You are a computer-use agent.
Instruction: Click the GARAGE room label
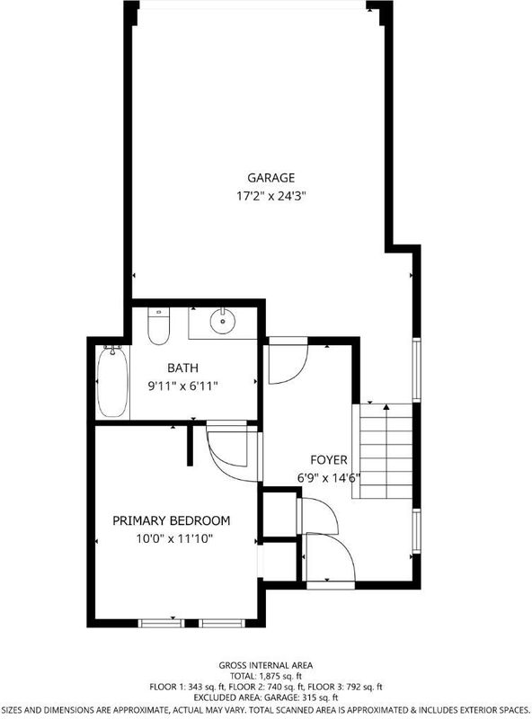271,177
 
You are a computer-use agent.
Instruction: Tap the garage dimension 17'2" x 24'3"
271,196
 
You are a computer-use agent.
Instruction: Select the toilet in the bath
159,326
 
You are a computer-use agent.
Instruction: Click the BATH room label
182,368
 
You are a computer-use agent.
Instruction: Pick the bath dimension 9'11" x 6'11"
182,386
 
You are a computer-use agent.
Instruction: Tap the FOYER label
328,459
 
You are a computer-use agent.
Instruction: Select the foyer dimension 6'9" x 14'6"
328,478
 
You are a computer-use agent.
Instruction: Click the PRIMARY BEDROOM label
172,520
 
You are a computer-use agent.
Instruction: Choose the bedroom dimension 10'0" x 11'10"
174,538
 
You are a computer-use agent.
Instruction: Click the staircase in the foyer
385,451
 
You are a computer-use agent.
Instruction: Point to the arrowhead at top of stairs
386,407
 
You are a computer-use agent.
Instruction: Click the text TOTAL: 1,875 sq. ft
266,676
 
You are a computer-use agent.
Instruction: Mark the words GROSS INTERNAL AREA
266,665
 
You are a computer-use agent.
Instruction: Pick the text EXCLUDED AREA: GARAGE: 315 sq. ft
266,698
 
